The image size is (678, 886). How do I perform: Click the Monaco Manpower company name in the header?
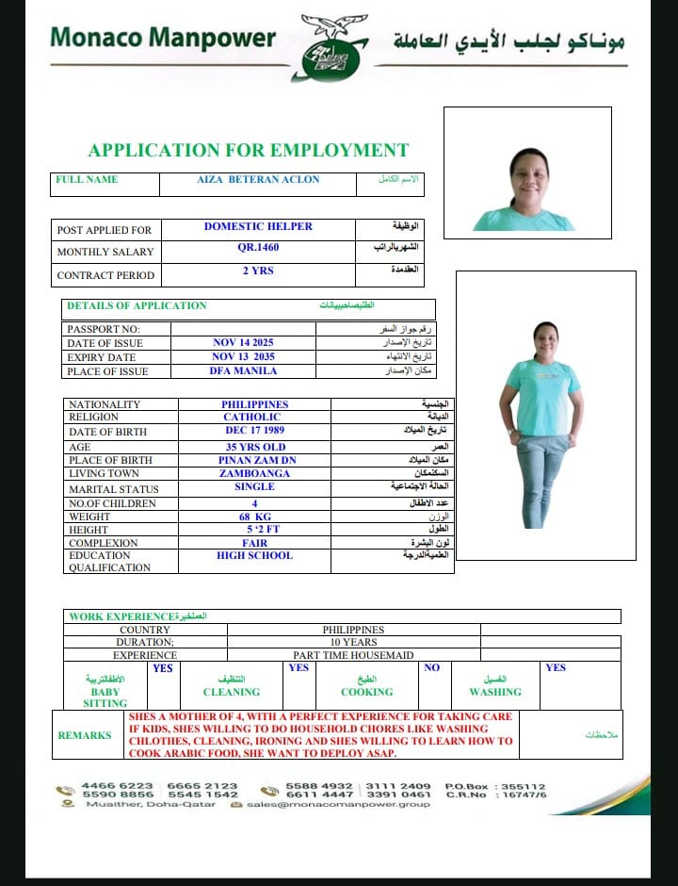pyautogui.click(x=162, y=39)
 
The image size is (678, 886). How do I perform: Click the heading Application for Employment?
pyautogui.click(x=248, y=151)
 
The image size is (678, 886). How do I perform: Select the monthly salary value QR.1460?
pyautogui.click(x=258, y=248)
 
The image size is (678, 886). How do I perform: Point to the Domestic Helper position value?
pyautogui.click(x=258, y=226)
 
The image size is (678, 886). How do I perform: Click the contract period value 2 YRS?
pyautogui.click(x=258, y=271)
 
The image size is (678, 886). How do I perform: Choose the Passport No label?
pyautogui.click(x=104, y=329)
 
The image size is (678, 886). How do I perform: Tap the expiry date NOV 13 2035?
pyautogui.click(x=243, y=357)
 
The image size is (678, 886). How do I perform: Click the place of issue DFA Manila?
pyautogui.click(x=243, y=371)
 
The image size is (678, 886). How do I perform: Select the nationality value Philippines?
pyautogui.click(x=254, y=404)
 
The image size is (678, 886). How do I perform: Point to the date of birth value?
pyautogui.click(x=254, y=431)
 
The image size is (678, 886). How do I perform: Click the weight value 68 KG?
pyautogui.click(x=254, y=517)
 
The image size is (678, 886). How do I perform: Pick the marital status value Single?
pyautogui.click(x=254, y=487)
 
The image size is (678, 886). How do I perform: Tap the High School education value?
pyautogui.click(x=254, y=556)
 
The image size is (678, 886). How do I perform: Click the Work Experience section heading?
pyautogui.click(x=121, y=616)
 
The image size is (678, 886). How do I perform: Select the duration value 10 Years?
pyautogui.click(x=353, y=642)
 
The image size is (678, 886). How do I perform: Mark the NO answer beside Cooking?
pyautogui.click(x=431, y=668)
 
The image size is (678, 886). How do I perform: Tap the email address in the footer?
pyautogui.click(x=339, y=804)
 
